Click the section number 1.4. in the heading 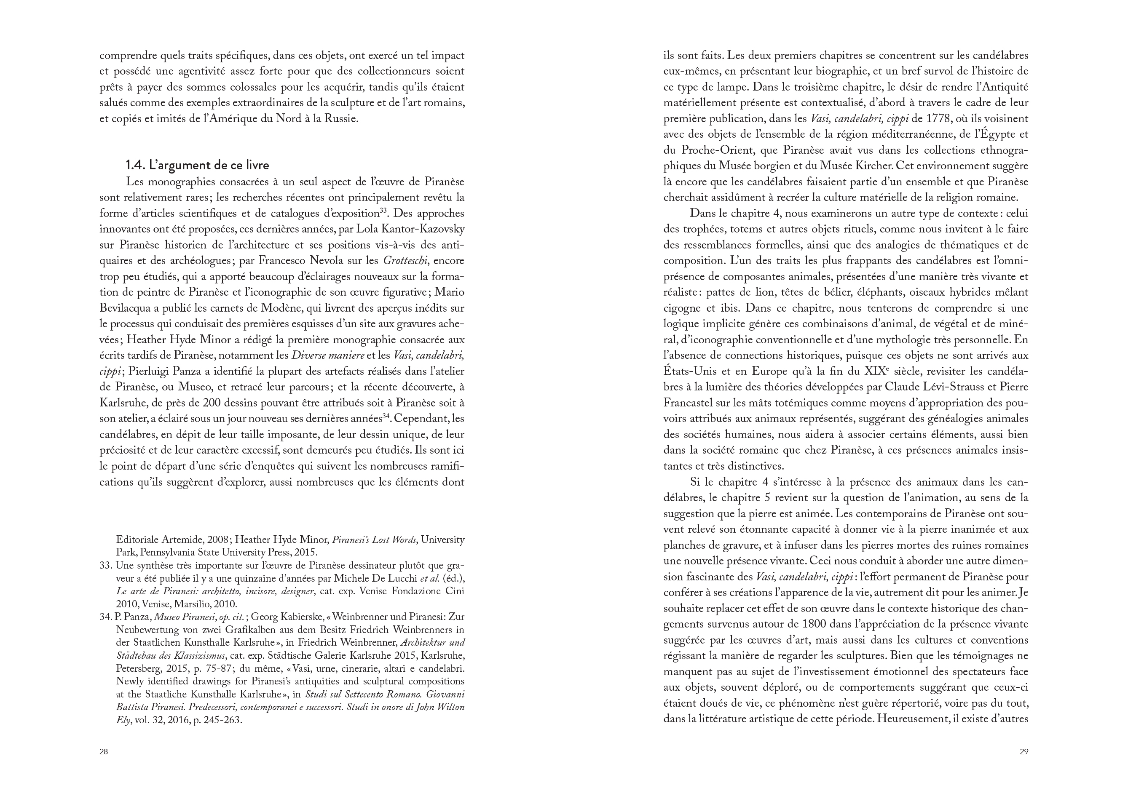136,165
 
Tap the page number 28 104,751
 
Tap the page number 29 1024,751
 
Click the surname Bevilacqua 127,308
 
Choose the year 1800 815,624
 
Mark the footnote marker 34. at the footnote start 106,617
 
